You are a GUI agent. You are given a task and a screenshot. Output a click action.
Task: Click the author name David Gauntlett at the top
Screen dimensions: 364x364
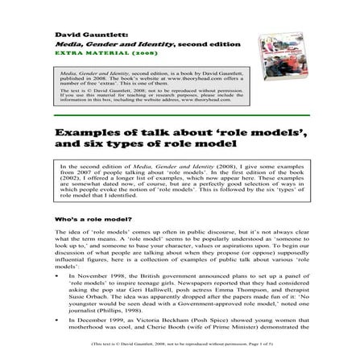[89, 36]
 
